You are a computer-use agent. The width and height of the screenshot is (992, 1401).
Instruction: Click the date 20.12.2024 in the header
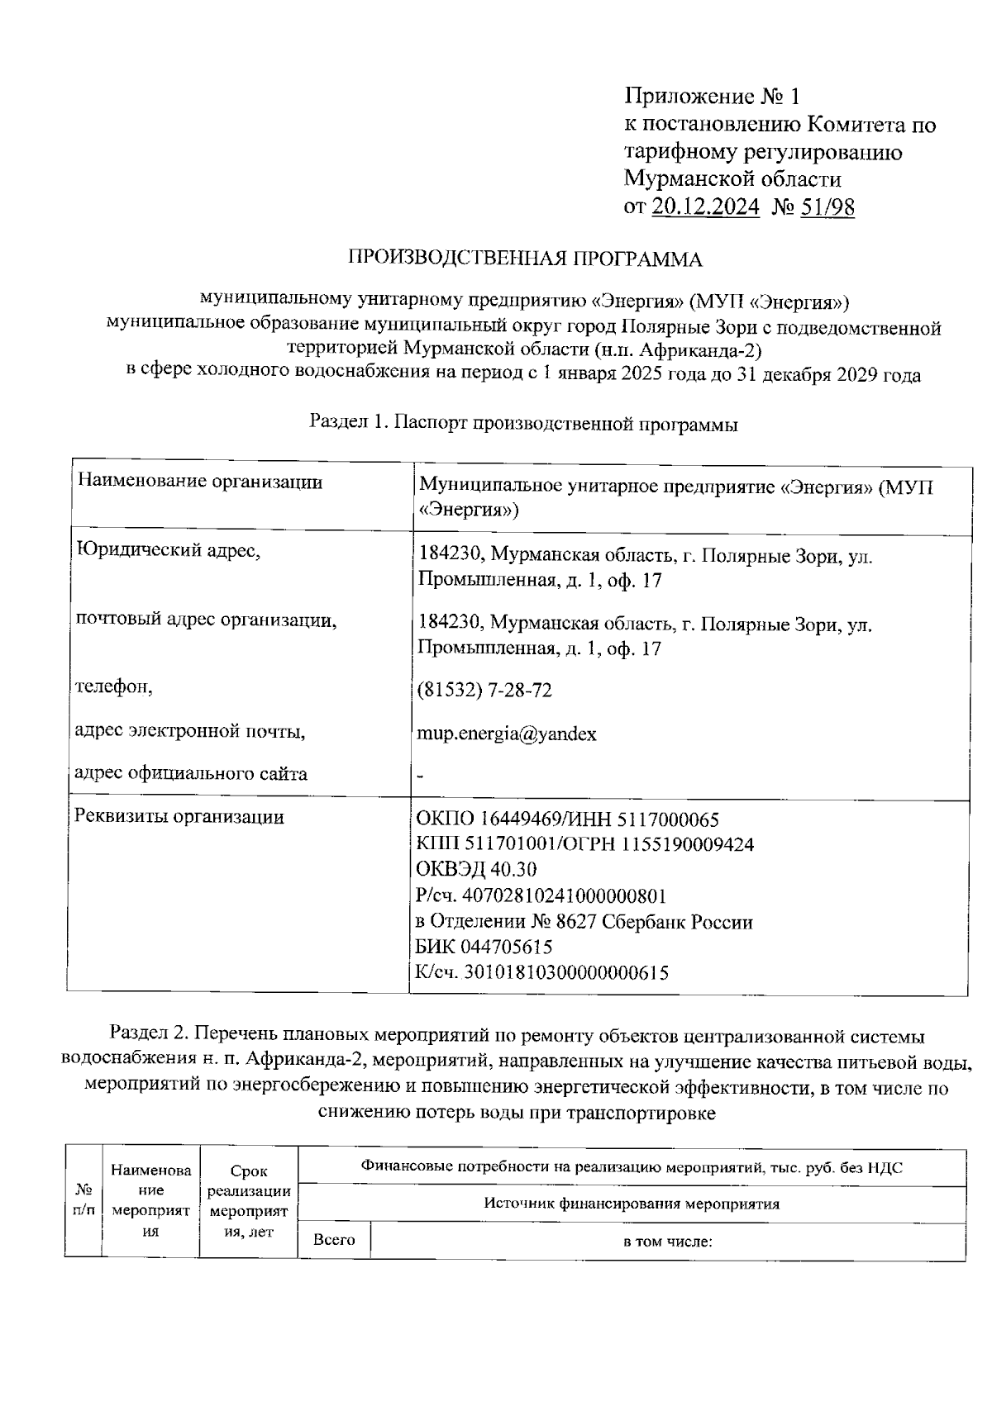point(705,207)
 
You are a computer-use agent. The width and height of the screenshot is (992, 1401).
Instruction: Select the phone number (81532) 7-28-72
point(485,690)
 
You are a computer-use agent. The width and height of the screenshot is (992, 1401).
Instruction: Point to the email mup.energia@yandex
point(507,734)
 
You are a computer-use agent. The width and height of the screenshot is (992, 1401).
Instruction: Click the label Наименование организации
point(199,482)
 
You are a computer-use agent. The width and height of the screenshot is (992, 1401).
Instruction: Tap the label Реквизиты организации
point(179,816)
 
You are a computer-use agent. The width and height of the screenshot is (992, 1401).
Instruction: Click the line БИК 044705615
point(484,947)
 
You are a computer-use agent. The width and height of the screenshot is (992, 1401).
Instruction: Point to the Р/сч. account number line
point(541,895)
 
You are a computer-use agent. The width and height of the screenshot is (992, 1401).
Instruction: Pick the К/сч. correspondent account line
point(541,972)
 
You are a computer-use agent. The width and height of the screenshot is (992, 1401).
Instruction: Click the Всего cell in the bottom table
point(334,1240)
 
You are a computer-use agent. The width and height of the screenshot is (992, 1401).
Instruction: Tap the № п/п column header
point(83,1200)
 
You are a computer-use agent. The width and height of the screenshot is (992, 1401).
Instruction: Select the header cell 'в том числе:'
point(668,1241)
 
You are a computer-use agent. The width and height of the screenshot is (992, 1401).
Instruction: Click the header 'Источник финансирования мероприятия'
point(632,1204)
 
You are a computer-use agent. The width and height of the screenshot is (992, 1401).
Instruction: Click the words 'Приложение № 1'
point(712,97)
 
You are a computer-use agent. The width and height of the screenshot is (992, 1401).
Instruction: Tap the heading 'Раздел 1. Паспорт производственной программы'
point(523,424)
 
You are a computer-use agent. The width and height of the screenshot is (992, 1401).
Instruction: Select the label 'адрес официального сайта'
point(191,774)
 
